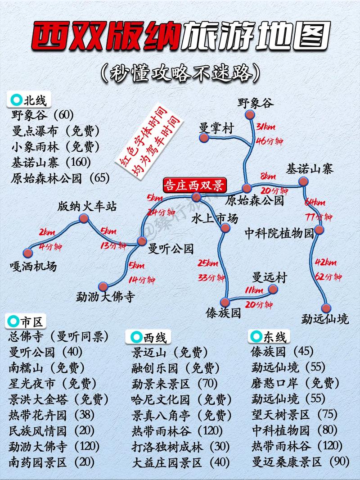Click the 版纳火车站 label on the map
pos(87,207)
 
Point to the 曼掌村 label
pos(216,128)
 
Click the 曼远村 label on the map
pos(269,277)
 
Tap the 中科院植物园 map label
pos(279,233)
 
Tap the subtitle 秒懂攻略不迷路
pos(180,72)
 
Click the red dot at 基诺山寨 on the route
pos(304,181)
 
